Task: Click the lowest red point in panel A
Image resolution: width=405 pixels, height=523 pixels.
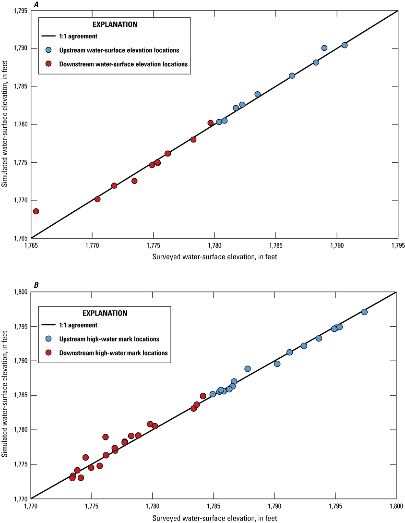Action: click(36, 211)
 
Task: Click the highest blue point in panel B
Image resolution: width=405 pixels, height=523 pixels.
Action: click(364, 312)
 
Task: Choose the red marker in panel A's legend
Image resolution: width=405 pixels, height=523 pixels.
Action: click(48, 63)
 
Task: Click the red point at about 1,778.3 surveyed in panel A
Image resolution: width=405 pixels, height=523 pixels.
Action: click(193, 140)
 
